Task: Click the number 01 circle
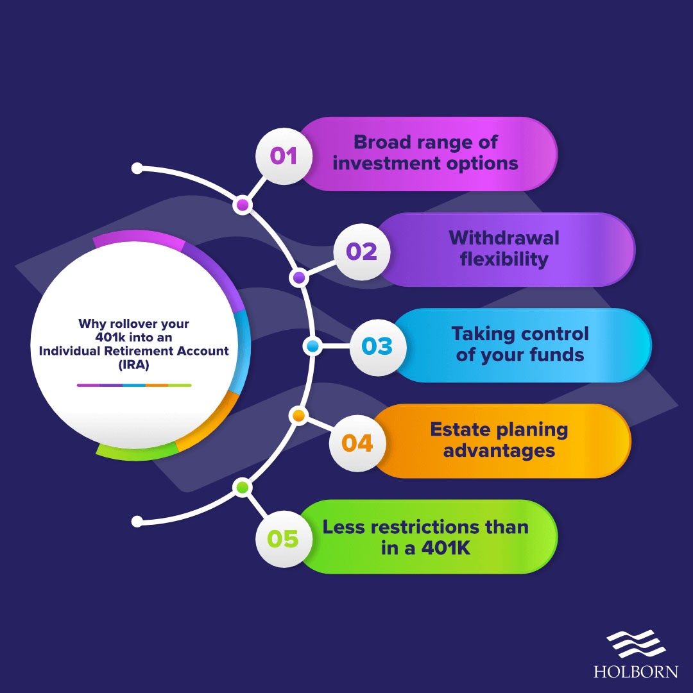coord(284,155)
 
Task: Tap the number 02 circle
coord(362,252)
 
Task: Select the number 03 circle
coord(377,346)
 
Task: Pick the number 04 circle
coord(357,443)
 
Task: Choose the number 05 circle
coord(284,538)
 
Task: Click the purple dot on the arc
coord(298,278)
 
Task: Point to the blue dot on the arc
coord(312,346)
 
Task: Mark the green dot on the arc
coord(242,488)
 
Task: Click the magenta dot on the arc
coord(242,205)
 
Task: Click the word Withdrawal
coord(504,238)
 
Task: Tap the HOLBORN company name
coord(635,672)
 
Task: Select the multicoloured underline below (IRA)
coord(134,386)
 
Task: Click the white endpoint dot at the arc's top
coord(137,168)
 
